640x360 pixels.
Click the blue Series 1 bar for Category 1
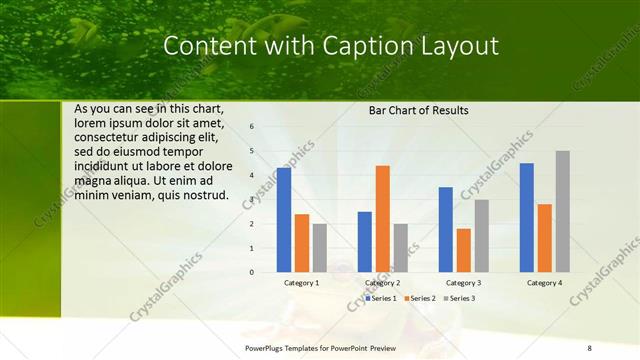pos(284,220)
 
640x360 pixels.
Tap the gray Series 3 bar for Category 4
pos(563,211)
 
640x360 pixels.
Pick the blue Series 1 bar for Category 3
pos(445,229)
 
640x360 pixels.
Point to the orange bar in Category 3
pos(463,250)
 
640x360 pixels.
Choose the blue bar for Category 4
pos(527,217)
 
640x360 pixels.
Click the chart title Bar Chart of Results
pos(418,110)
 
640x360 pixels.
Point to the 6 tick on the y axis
pos(252,127)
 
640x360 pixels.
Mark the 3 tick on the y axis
pos(252,199)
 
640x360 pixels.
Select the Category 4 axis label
pos(544,283)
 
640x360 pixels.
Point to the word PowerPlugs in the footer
pos(269,347)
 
